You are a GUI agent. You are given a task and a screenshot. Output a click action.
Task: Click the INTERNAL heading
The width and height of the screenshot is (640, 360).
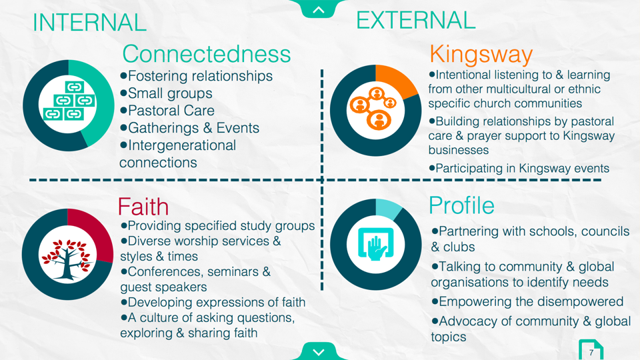coord(89,23)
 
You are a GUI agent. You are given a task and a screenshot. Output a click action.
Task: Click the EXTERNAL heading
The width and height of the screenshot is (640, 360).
coord(415,20)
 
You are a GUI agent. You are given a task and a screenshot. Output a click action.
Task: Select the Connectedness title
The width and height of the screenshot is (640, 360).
coord(207,54)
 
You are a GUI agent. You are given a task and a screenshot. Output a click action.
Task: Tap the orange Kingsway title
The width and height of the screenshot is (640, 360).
coord(481,54)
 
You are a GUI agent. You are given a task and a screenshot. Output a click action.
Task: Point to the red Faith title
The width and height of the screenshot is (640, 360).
coord(143,206)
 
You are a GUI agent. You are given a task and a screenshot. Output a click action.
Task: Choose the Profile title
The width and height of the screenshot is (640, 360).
coord(461,205)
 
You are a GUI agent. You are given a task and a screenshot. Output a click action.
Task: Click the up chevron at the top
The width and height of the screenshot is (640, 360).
coord(319,9)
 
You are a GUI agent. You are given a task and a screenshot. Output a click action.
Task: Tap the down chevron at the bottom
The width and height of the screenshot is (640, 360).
coord(319,352)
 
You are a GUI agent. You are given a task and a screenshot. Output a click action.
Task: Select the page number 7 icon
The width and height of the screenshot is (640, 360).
coord(591,350)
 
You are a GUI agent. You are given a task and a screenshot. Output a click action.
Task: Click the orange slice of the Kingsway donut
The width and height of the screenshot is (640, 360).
coord(395,81)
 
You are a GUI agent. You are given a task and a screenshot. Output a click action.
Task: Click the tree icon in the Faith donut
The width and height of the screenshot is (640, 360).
coord(67,259)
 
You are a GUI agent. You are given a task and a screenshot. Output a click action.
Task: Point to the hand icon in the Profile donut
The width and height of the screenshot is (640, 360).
coord(375,244)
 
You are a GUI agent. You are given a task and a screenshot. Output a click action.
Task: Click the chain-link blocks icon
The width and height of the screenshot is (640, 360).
coord(69,101)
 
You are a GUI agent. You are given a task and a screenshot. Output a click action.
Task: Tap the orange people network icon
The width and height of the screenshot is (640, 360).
coord(375,108)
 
